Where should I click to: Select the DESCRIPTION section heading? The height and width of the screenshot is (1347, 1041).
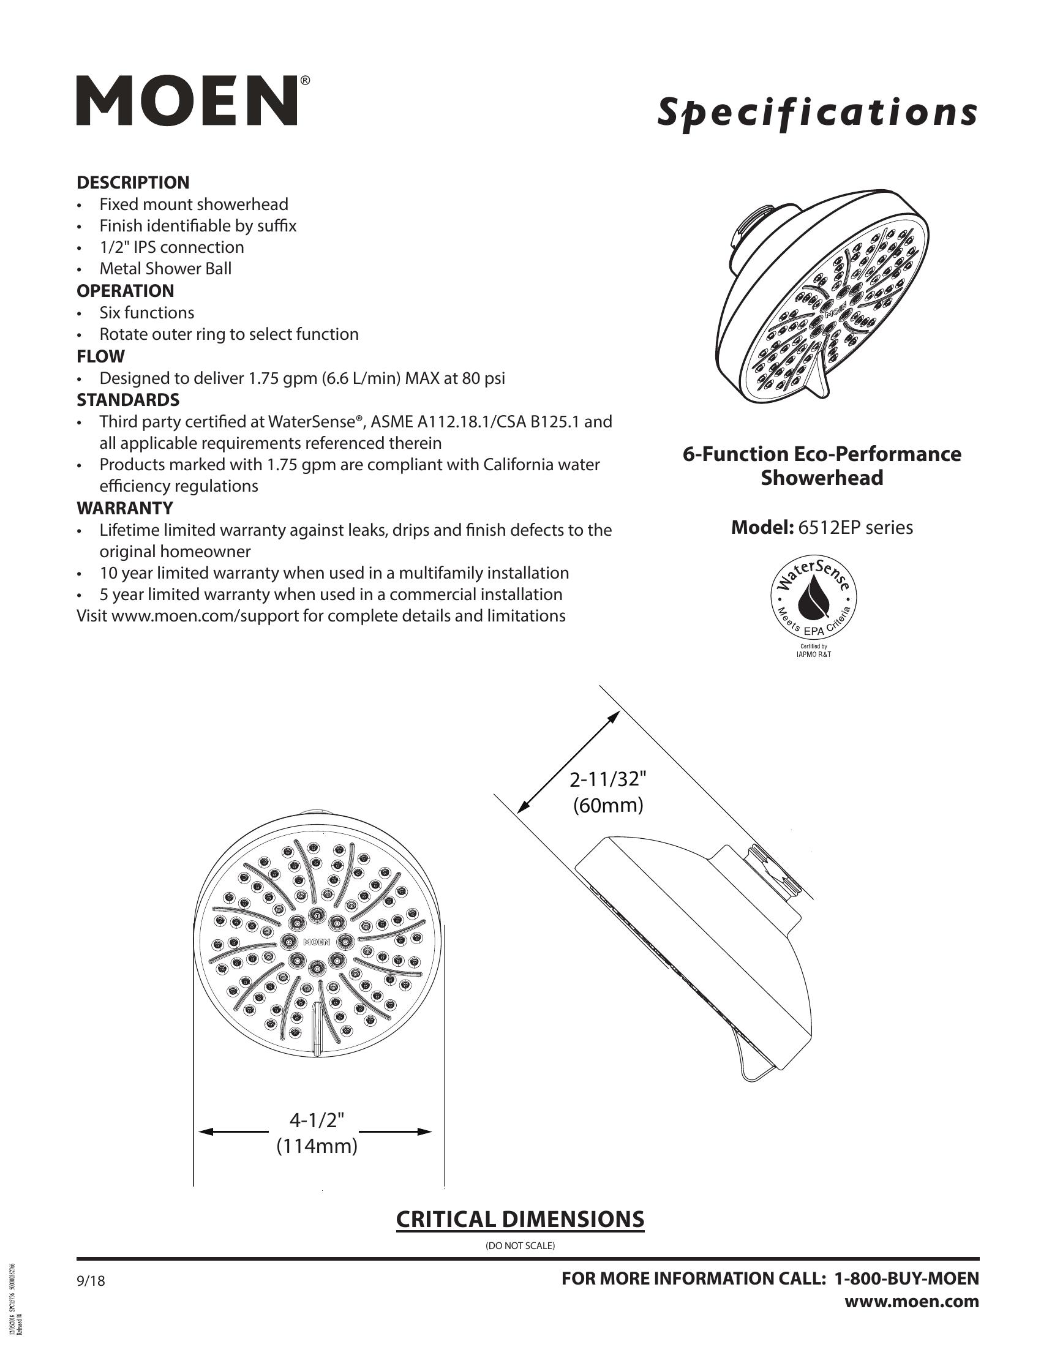point(133,182)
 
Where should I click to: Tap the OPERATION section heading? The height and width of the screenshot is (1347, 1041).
point(125,290)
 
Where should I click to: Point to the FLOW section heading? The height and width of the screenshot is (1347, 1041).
point(100,356)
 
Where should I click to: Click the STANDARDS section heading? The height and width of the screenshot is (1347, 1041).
point(127,400)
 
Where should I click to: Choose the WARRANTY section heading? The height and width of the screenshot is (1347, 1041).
point(124,508)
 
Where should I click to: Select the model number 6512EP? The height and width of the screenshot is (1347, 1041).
point(826,528)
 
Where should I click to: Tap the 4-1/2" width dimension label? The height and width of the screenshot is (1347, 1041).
point(317,1120)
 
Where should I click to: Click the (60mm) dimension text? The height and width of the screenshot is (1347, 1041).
point(608,806)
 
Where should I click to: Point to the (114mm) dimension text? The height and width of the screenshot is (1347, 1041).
point(317,1146)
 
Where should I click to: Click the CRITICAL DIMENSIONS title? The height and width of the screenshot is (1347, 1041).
point(520,1219)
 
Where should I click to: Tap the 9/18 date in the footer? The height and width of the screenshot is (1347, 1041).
point(91,1281)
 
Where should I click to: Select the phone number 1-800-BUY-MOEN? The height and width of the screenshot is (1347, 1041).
point(906,1278)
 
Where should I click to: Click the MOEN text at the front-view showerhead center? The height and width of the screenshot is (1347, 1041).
point(317,942)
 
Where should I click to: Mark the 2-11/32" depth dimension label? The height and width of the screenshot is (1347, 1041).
point(608,779)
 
